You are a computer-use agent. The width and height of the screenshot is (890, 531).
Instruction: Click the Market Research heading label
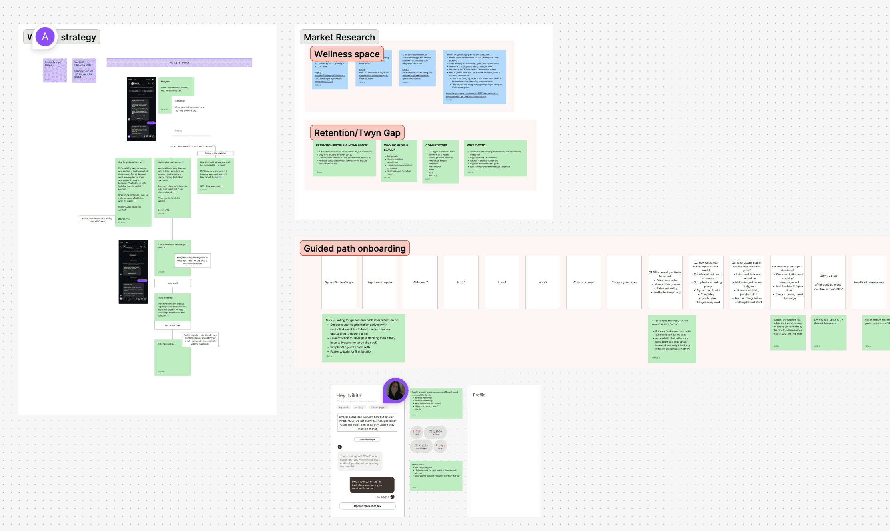coord(339,37)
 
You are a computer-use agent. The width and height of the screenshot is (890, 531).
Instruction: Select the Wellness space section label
coord(347,54)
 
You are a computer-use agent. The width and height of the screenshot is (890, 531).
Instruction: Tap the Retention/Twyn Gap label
coord(357,133)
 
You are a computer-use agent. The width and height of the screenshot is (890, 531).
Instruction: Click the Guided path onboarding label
coord(355,248)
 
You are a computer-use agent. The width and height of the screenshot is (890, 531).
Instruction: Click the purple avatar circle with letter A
coord(45,37)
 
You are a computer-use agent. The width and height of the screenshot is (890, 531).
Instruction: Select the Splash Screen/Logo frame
coord(339,282)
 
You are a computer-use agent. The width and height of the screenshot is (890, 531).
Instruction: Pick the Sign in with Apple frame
coord(379,282)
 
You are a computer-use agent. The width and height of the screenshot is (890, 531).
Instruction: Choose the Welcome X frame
coord(420,282)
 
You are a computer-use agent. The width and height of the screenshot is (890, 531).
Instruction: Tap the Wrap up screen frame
coord(583,282)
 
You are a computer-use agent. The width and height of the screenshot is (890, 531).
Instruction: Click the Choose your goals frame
coord(624,282)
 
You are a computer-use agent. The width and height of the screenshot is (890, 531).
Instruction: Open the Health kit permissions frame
coord(869,282)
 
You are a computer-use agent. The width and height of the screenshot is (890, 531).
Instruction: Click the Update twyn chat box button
coord(367,506)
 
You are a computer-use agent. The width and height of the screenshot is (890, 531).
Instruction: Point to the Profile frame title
coord(479,395)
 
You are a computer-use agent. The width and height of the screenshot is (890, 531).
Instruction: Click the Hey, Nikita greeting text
coord(349,395)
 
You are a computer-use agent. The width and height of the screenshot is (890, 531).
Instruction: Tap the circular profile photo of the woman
coord(395,390)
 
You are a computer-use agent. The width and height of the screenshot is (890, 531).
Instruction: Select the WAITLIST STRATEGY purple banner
coord(179,63)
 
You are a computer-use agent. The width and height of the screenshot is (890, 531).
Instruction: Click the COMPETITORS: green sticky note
coord(440,161)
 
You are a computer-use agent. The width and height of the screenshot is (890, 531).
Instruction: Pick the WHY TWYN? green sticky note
coord(495,158)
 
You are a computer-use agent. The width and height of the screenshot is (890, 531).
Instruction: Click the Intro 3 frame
coord(543,282)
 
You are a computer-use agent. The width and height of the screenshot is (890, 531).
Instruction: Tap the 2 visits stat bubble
coord(421,446)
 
